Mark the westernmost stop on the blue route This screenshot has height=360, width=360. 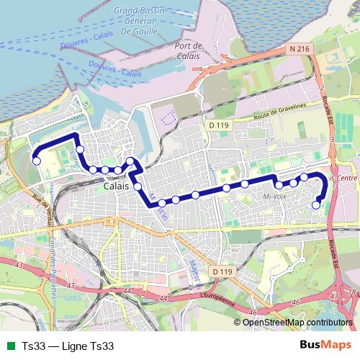coord(36,161)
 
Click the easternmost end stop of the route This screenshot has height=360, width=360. coord(316,205)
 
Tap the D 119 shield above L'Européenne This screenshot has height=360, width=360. coord(222,271)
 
